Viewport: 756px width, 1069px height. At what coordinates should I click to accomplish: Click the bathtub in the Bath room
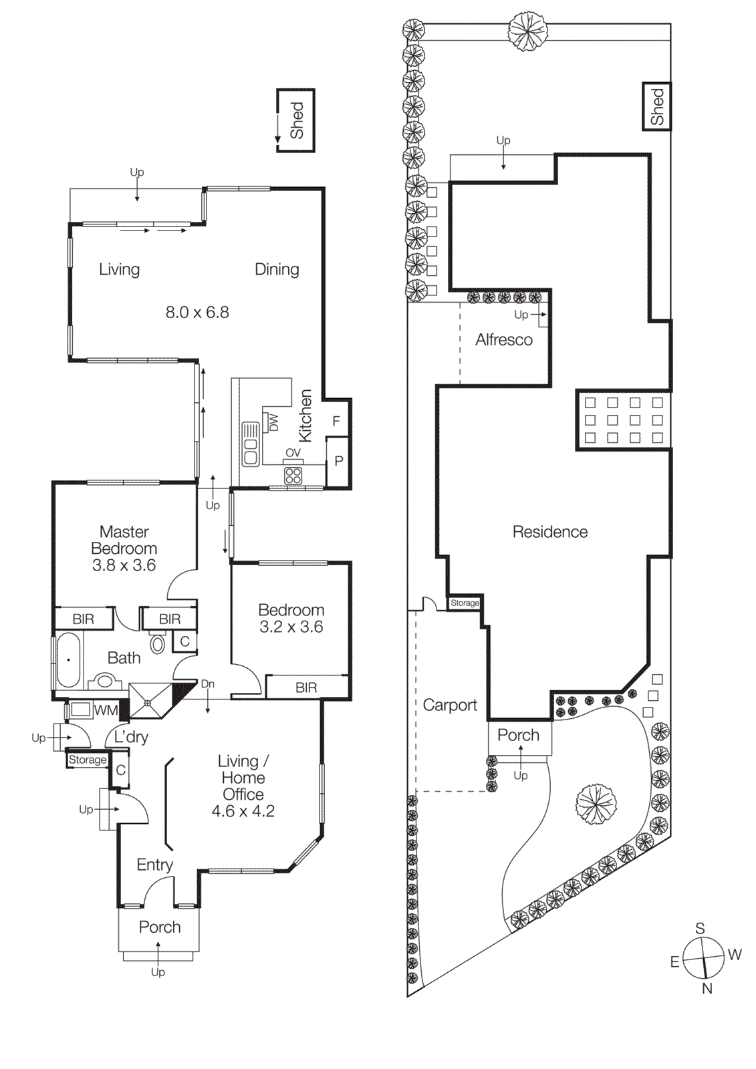68,660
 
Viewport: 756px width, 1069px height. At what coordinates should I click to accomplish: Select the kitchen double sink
251,444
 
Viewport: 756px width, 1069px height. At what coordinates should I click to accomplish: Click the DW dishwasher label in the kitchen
273,422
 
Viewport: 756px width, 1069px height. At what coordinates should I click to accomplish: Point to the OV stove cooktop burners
293,475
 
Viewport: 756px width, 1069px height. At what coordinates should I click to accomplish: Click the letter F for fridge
336,421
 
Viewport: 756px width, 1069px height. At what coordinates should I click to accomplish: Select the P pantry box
338,461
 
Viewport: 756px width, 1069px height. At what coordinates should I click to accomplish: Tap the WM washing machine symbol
81,710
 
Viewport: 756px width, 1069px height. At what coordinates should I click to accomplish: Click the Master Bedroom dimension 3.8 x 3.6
124,565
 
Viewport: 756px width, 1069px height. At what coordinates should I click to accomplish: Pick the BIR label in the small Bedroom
306,688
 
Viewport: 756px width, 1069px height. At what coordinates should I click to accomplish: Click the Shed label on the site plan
657,106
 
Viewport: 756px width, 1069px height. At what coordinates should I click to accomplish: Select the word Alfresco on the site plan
504,340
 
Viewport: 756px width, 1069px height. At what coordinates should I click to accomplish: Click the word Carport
450,705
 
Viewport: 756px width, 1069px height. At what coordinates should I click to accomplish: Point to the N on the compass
707,988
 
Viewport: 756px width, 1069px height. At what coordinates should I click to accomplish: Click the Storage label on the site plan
465,603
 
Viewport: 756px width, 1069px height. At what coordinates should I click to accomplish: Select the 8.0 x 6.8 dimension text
197,312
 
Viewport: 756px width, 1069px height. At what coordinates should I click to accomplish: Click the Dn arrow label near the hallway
208,684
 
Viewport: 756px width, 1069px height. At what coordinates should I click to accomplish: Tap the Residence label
550,532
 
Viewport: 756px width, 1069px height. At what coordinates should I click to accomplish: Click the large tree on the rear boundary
527,30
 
